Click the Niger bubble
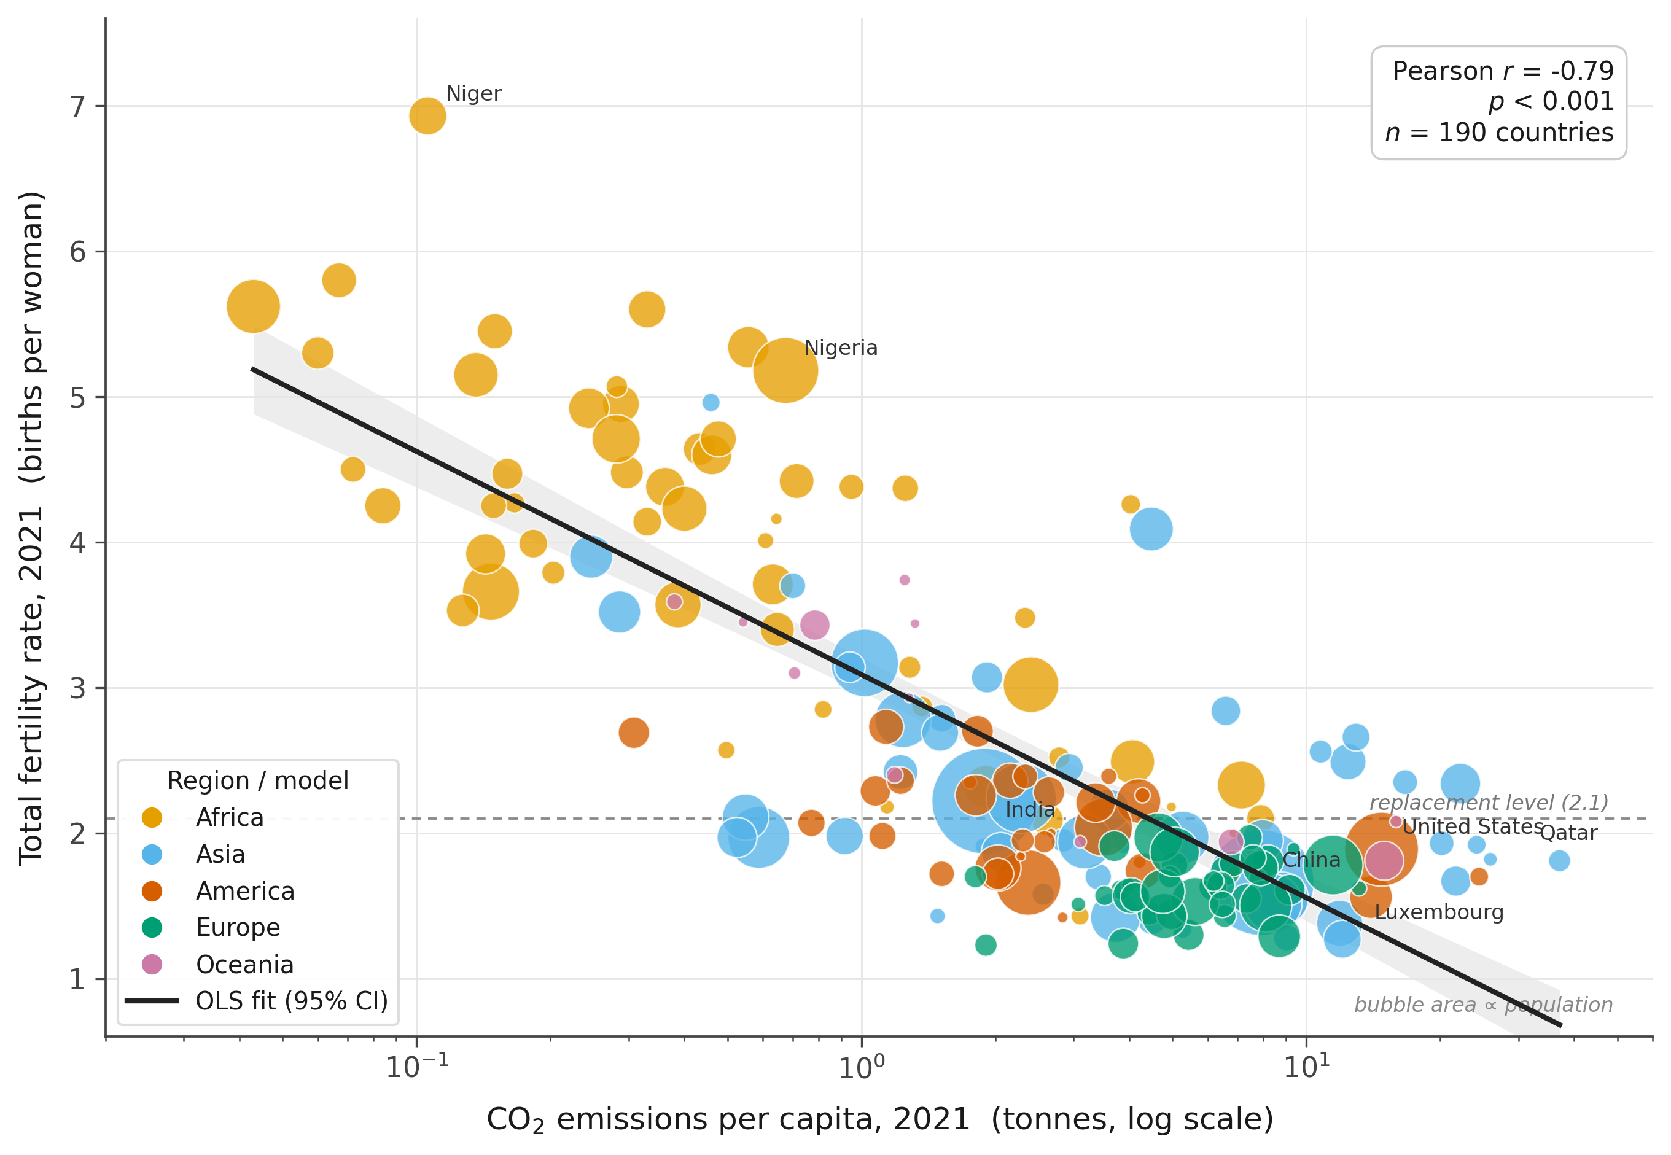427,116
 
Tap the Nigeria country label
841,348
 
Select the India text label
1030,810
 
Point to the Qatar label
1568,833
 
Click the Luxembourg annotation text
1439,912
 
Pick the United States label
1473,826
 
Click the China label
1311,860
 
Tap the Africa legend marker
152,818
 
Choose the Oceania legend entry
218,965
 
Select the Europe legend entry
211,927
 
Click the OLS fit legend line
152,1001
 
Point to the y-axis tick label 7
77,107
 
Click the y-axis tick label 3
77,688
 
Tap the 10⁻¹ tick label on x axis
417,1066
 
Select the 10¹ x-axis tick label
1306,1066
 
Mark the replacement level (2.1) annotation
1489,803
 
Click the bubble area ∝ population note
1484,1005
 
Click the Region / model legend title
258,781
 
